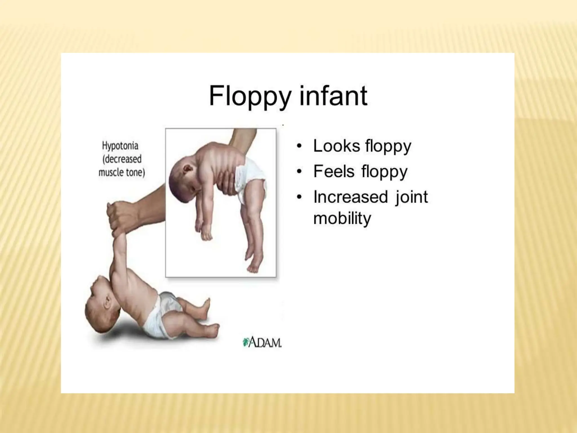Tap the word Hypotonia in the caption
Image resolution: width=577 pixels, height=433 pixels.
coord(120,146)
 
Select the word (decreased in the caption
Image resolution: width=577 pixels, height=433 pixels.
coord(122,159)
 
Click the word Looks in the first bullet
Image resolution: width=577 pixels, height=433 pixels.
coord(337,146)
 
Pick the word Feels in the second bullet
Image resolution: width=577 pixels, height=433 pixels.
coord(334,171)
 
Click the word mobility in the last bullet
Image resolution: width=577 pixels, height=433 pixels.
coord(342,218)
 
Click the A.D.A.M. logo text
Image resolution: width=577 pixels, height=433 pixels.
coord(265,343)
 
